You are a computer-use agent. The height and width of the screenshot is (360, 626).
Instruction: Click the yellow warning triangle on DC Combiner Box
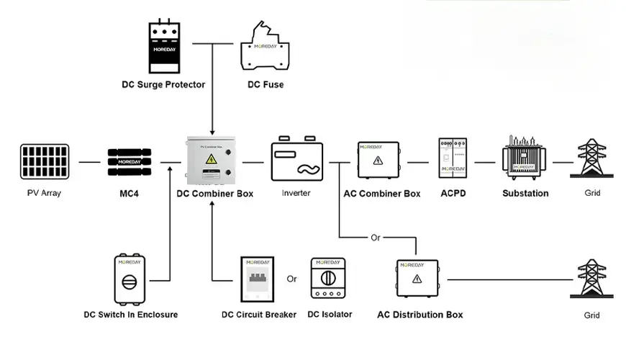click(x=212, y=159)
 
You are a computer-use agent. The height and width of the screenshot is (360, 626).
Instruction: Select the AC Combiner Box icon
click(x=378, y=162)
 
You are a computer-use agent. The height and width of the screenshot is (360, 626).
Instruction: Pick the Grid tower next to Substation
click(x=591, y=158)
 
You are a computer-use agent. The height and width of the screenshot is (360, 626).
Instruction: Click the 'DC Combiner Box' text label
click(x=214, y=194)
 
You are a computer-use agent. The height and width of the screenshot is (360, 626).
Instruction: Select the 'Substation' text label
click(x=525, y=194)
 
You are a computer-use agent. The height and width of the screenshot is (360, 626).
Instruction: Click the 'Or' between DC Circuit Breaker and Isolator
click(x=291, y=279)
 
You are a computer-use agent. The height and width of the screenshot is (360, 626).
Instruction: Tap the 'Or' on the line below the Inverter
click(x=375, y=238)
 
